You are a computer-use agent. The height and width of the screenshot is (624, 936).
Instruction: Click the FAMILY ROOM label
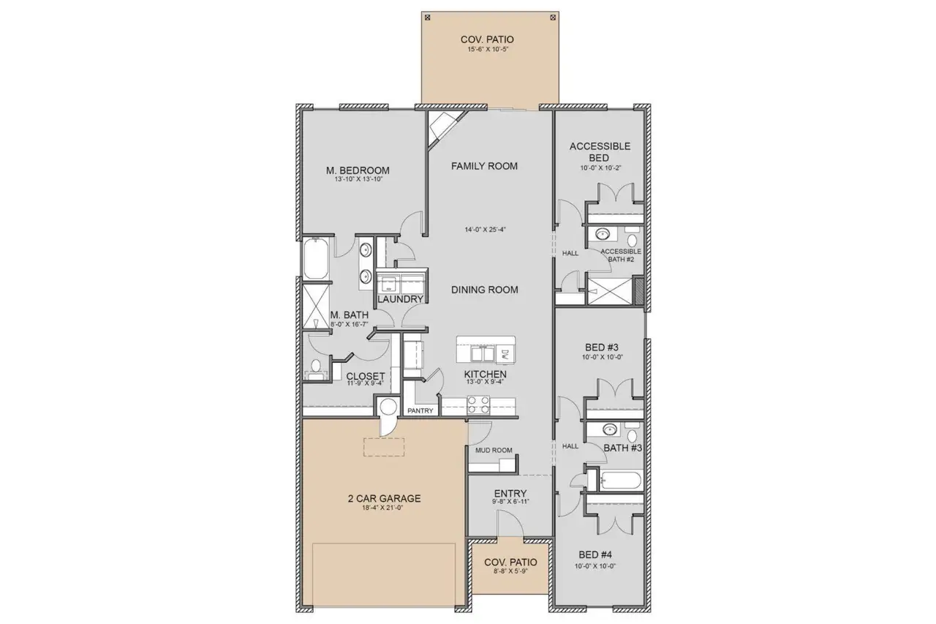(483, 166)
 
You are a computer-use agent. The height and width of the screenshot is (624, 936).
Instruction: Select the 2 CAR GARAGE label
(384, 499)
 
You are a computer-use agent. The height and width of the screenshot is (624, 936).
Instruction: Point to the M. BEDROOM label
(358, 170)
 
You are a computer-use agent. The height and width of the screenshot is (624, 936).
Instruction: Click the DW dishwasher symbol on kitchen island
(505, 355)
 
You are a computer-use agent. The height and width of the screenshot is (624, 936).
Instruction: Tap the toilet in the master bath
(315, 366)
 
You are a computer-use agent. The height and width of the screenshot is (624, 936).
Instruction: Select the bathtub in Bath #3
(618, 481)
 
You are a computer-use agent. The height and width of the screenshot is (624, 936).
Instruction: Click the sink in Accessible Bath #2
(603, 235)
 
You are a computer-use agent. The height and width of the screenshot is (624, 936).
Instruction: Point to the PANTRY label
(420, 411)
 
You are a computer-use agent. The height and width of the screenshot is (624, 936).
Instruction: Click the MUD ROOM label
(494, 451)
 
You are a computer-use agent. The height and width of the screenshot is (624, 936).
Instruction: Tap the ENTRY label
(510, 493)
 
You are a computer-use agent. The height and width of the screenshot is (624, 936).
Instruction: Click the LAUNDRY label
(400, 299)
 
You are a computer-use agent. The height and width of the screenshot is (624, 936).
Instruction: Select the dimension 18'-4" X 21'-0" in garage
(384, 511)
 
